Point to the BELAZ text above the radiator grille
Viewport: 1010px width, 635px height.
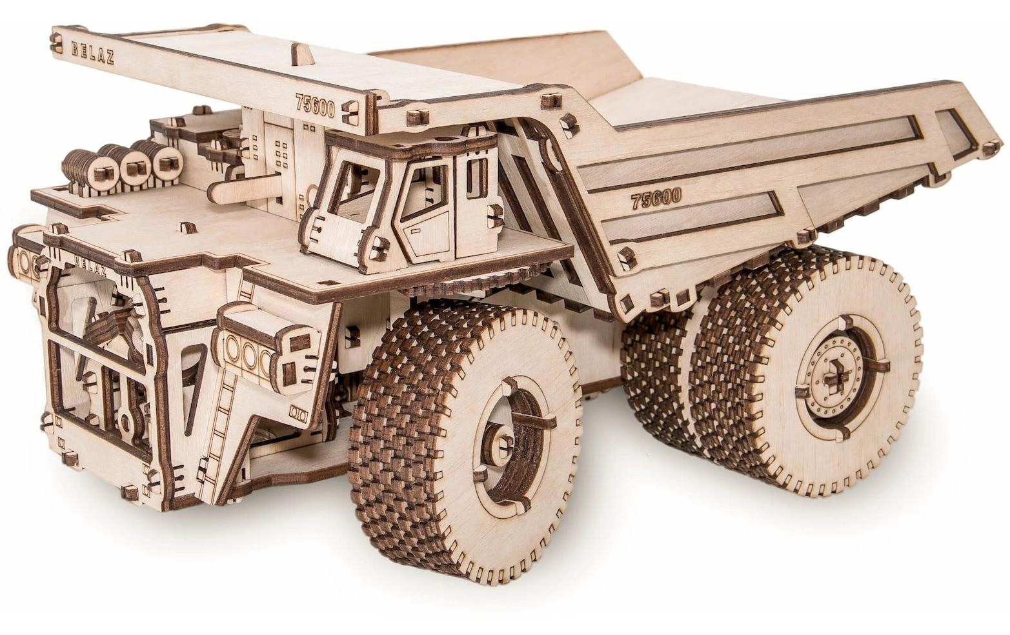coord(90,265)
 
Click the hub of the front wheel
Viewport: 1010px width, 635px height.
coord(502,443)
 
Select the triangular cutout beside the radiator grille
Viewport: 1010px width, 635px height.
coord(194,387)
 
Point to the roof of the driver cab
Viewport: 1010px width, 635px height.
coord(413,145)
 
